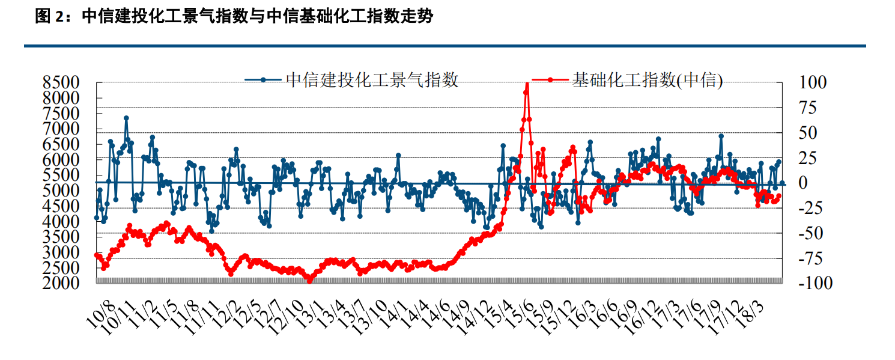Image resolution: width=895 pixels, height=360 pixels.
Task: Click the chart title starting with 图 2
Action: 234,17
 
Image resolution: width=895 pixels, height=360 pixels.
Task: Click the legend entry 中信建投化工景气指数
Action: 372,79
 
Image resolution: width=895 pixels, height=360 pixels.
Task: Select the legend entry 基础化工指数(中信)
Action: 648,79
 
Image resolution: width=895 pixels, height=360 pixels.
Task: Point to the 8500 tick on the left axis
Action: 61,82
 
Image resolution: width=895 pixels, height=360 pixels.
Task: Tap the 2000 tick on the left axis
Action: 61,282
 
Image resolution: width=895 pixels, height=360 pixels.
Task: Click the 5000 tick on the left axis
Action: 61,191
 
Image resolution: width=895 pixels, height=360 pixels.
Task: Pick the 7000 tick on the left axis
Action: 61,129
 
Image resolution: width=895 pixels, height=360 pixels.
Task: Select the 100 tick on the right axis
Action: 812,82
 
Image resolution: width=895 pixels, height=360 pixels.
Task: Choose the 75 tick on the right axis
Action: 809,108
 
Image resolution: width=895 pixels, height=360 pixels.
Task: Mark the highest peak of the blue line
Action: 126,118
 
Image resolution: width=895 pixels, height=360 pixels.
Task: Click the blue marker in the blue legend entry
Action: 262,79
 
